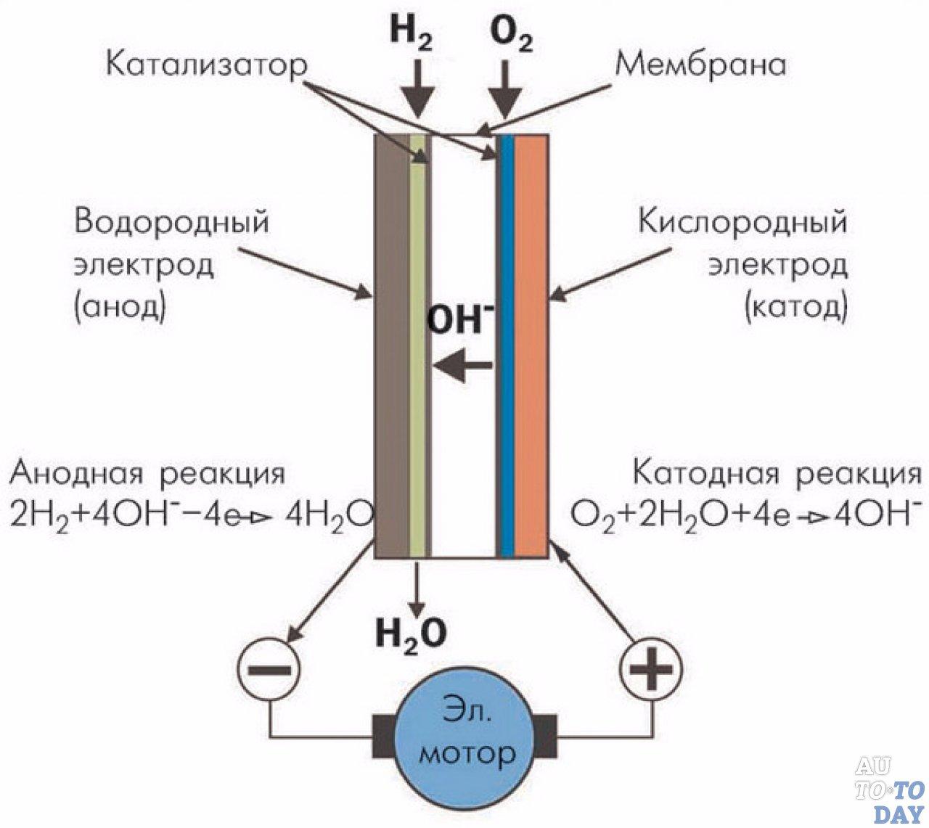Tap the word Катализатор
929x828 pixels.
(x=207, y=65)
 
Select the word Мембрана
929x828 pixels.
(x=700, y=65)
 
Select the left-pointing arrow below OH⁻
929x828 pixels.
(x=462, y=366)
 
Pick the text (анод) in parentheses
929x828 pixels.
(x=120, y=306)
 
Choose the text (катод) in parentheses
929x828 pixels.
(x=796, y=306)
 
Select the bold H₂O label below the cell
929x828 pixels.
(x=411, y=634)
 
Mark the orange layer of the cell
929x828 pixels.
(x=531, y=346)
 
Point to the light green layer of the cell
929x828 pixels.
(x=417, y=346)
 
